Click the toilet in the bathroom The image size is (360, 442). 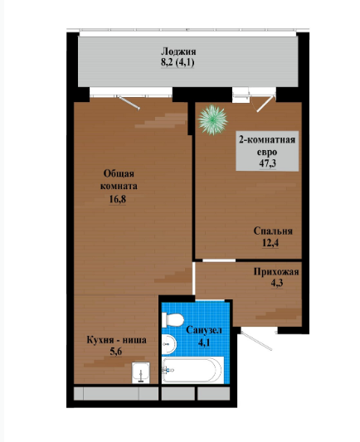click(x=173, y=320)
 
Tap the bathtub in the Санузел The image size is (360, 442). click(x=192, y=370)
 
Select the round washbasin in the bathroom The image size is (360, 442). click(x=169, y=344)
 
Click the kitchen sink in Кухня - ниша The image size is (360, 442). click(x=141, y=372)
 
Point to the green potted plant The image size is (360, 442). click(x=212, y=119)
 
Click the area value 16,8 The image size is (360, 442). click(x=117, y=199)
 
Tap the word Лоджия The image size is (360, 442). click(x=178, y=51)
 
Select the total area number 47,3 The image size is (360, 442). click(x=268, y=163)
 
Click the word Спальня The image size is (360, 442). click(x=273, y=231)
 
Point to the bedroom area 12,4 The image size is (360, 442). click(x=270, y=242)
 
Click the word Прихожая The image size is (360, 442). click(x=276, y=271)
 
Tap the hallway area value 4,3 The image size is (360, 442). click(x=277, y=283)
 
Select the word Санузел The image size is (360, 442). click(x=204, y=330)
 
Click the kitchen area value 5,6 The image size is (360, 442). click(x=116, y=352)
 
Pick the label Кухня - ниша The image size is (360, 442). click(x=116, y=340)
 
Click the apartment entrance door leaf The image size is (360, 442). click(x=256, y=342)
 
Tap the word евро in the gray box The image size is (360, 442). click(x=267, y=153)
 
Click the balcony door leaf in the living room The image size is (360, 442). click(x=129, y=103)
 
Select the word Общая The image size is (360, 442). click(x=119, y=173)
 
